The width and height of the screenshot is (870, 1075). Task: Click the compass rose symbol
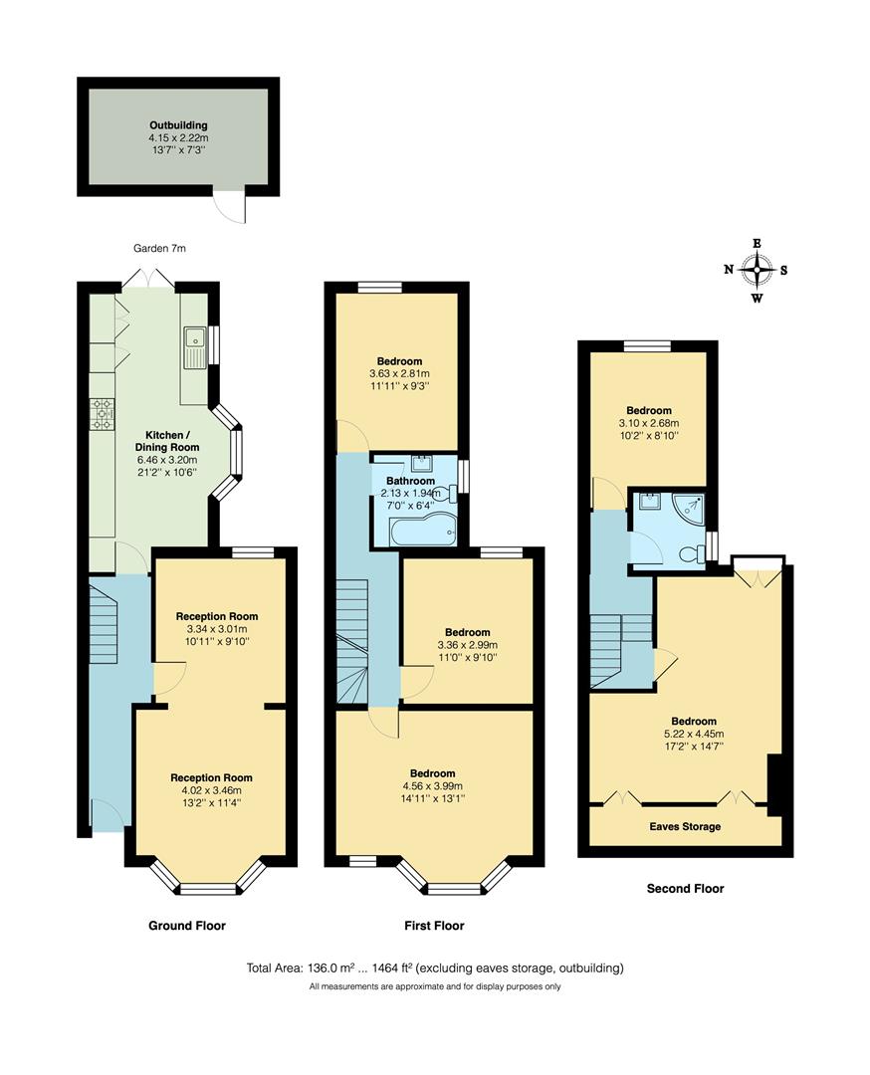(x=757, y=269)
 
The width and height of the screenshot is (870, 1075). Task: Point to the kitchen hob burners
(x=104, y=413)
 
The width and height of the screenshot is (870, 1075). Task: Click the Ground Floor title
(x=187, y=926)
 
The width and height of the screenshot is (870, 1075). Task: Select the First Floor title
(x=434, y=926)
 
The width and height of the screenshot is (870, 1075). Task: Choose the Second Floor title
(x=685, y=889)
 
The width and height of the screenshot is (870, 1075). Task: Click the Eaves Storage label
(x=685, y=827)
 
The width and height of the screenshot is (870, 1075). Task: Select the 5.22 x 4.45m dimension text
(x=693, y=734)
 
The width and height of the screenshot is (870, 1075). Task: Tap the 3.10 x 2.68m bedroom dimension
(x=648, y=422)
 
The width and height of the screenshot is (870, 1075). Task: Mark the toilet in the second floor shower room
(x=688, y=553)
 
